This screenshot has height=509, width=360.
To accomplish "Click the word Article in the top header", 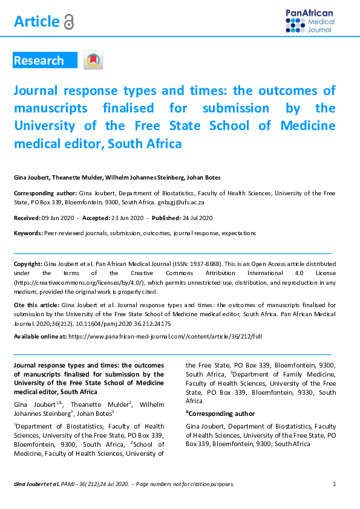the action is [36, 22].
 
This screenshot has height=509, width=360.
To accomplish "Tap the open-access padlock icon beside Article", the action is [69, 22].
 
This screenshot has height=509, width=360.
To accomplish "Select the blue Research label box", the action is [45, 60].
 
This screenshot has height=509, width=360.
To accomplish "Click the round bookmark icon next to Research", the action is [93, 60].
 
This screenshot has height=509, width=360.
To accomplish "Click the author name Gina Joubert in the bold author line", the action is [31, 177].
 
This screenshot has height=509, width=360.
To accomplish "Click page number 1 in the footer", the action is [335, 484].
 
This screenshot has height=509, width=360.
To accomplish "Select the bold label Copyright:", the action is [28, 265].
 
